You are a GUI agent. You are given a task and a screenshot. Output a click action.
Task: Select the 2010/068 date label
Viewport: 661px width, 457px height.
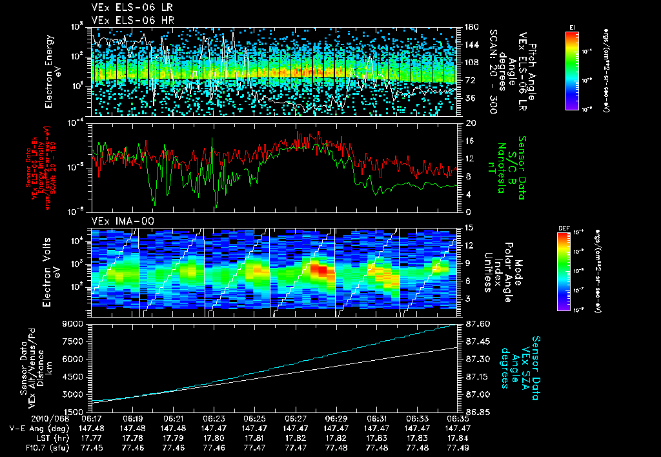click(25, 418)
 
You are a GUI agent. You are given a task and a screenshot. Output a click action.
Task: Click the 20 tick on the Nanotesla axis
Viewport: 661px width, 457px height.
click(471, 123)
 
